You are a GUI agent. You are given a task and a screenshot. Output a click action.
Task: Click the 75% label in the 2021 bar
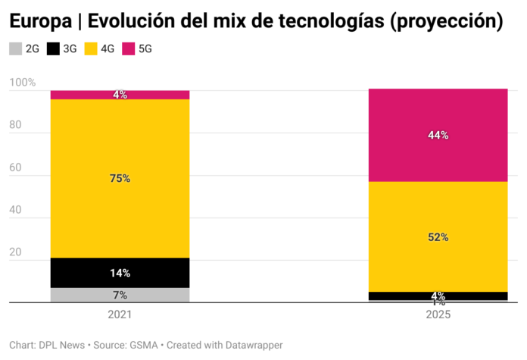coord(120,179)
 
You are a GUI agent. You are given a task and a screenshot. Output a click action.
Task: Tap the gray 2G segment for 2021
coord(120,295)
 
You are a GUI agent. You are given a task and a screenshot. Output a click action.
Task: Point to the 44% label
coord(438,136)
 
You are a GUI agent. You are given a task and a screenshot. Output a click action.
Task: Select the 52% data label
coord(438,237)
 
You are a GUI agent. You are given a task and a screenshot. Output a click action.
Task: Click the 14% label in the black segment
coord(120,273)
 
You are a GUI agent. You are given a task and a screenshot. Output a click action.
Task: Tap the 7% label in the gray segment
coord(120,296)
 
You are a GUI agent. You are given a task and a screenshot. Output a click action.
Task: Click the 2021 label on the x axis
coord(120,314)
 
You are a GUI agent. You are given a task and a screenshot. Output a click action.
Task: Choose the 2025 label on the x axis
coord(438,314)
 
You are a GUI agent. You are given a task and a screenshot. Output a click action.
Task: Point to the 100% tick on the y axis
coord(22,82)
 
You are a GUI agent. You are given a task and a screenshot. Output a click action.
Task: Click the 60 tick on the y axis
coord(16,176)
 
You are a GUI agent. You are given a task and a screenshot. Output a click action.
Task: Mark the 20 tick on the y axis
coord(16,261)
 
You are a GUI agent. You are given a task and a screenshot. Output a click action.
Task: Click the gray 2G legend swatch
coord(15,49)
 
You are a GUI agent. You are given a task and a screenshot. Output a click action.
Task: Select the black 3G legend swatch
coord(53,49)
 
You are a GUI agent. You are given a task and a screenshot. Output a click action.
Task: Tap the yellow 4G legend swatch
coord(91,49)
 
